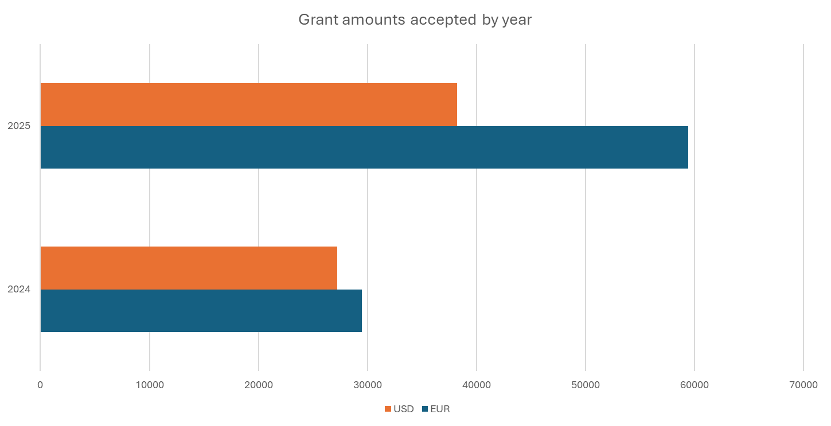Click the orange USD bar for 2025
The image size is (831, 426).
(248, 104)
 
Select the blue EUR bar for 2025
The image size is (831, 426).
(364, 147)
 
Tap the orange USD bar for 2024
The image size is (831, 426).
(189, 268)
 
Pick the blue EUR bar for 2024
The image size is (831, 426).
(201, 311)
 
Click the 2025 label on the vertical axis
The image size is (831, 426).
(18, 126)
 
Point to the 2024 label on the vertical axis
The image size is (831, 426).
(18, 290)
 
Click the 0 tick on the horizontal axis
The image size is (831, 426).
(40, 385)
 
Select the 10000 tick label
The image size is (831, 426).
(150, 385)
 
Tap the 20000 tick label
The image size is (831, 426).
(259, 385)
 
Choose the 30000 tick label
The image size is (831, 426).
(368, 385)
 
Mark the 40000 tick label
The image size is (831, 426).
(477, 385)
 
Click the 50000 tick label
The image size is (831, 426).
(586, 385)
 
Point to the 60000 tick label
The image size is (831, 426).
(695, 385)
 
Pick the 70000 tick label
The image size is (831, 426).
(803, 385)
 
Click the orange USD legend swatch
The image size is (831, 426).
(388, 409)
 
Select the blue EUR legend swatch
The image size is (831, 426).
(425, 409)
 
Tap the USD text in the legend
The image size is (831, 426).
(404, 409)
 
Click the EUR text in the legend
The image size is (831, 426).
(440, 409)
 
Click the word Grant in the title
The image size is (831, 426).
(315, 20)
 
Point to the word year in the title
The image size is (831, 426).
(517, 20)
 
